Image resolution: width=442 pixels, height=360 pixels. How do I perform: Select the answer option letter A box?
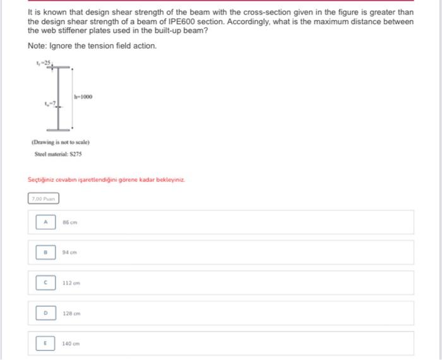[x=45, y=222]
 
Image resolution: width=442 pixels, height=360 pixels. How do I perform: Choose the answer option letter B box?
[x=45, y=252]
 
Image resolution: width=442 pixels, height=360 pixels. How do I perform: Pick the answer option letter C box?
[x=45, y=282]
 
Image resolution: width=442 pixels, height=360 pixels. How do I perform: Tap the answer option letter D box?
[x=45, y=313]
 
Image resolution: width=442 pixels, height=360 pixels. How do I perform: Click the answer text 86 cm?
[x=69, y=222]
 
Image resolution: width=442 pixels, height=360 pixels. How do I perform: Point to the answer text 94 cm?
[x=69, y=252]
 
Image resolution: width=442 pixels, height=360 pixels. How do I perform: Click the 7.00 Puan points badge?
[x=44, y=198]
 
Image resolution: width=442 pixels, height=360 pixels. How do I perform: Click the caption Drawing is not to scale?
[x=61, y=142]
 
